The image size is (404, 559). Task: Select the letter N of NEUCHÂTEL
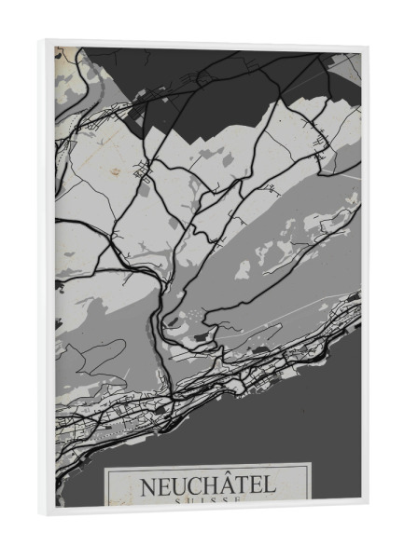[x=147, y=485]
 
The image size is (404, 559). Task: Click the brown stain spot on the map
[x=115, y=170]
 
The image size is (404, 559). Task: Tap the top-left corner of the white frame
[x=45, y=40]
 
